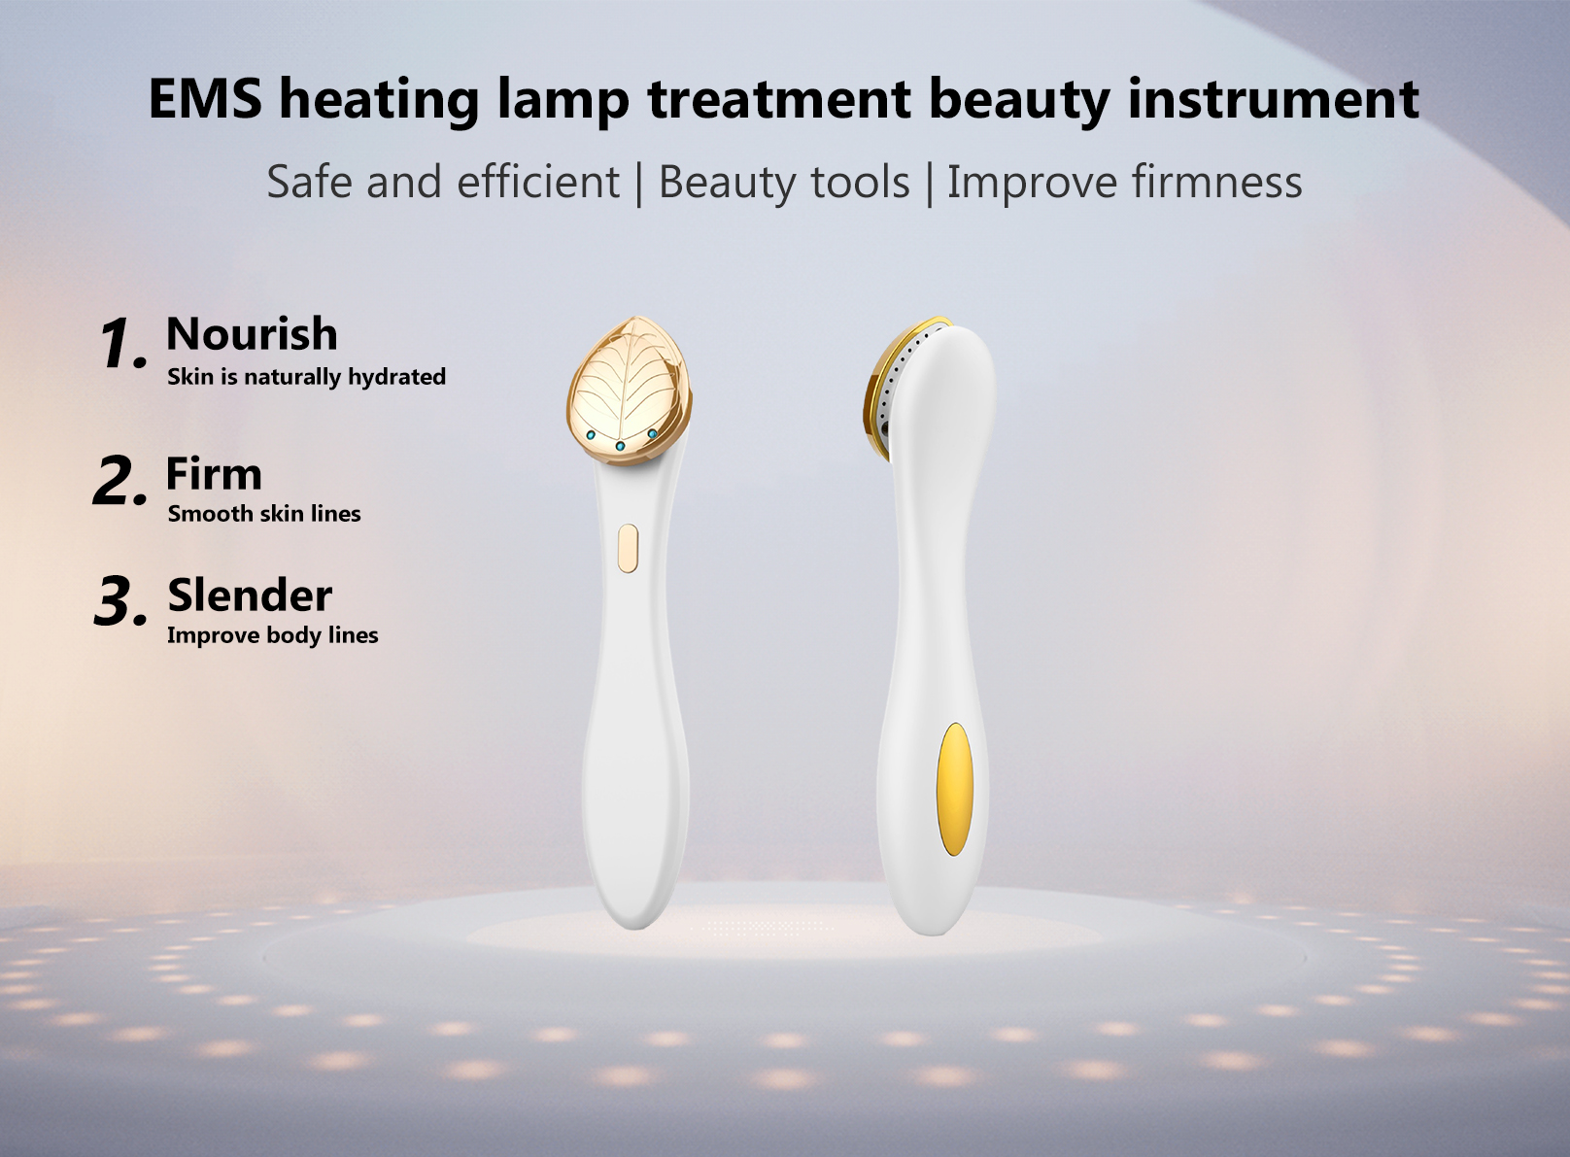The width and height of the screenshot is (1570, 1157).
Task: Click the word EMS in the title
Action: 205,99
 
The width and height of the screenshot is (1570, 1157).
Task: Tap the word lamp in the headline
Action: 563,99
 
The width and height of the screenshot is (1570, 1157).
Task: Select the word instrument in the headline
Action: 1273,99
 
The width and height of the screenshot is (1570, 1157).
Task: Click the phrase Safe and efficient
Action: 443,183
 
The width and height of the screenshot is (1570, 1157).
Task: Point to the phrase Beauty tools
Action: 784,183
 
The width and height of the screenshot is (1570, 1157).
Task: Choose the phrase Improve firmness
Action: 1124,183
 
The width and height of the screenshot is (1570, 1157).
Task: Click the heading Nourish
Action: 252,334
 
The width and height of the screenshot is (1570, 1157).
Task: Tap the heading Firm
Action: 214,474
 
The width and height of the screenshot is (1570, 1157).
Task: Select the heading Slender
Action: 250,596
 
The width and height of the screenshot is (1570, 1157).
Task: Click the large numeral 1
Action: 120,344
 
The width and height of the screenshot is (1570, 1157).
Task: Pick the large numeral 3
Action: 119,601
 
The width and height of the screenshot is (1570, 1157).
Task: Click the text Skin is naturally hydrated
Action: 306,377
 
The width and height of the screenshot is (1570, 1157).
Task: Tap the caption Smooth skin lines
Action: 263,514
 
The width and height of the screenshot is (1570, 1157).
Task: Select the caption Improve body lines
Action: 272,635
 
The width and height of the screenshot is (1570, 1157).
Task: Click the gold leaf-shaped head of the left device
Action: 629,384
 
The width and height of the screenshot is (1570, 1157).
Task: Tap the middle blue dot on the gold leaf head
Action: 621,446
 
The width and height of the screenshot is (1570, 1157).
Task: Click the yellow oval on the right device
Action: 954,790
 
